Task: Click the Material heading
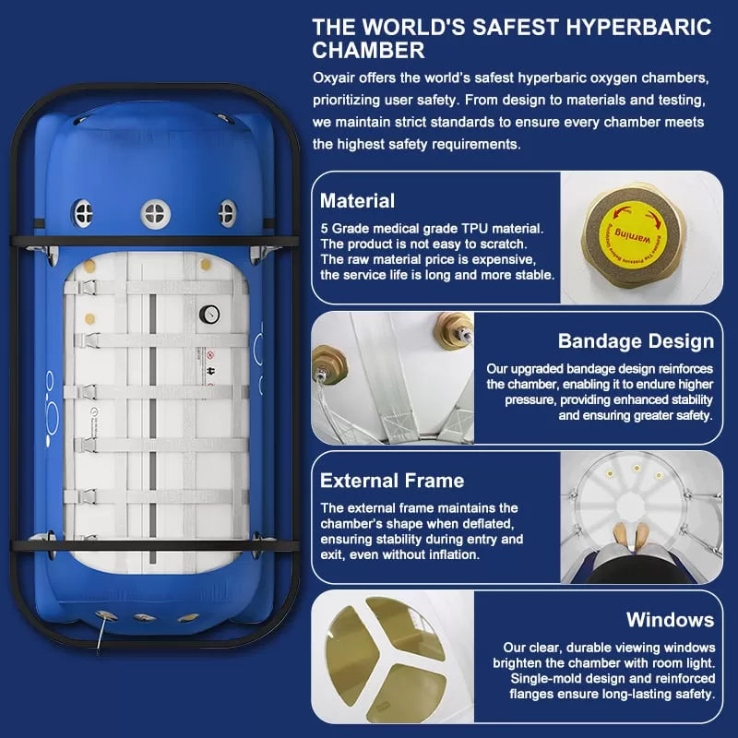coord(357,201)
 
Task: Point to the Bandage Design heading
coord(635,341)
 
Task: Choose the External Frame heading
coord(392,481)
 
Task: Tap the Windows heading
coord(670,619)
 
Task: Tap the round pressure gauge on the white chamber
coord(212,315)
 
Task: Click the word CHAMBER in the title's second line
coord(369,51)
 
